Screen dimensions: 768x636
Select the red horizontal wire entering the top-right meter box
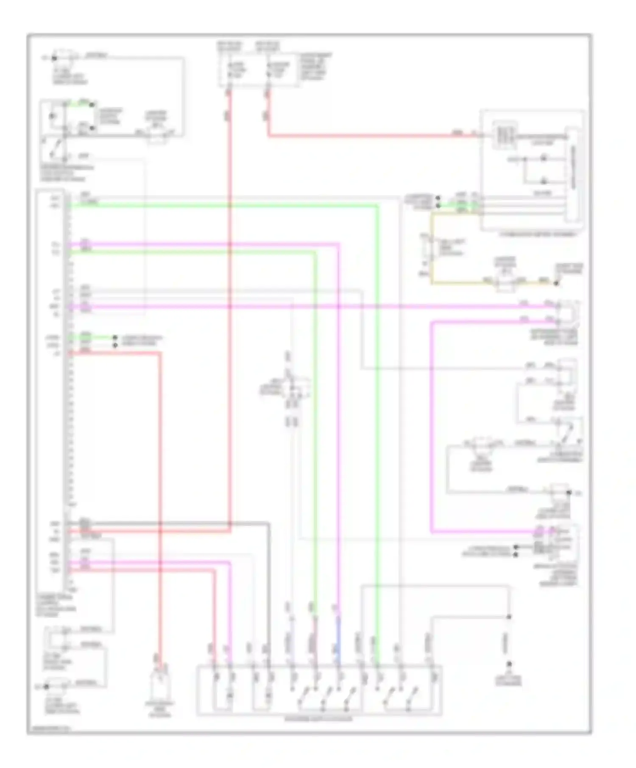click(x=373, y=136)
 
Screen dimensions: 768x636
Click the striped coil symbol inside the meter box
click(x=505, y=135)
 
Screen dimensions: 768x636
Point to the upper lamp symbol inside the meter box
click(x=543, y=159)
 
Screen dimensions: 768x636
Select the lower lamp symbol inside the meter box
click(x=543, y=182)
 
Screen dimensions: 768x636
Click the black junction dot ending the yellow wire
click(x=556, y=283)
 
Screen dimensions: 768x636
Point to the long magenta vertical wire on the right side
click(x=431, y=424)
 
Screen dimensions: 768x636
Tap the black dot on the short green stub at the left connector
click(x=115, y=338)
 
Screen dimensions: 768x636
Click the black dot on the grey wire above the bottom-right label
click(x=509, y=617)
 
